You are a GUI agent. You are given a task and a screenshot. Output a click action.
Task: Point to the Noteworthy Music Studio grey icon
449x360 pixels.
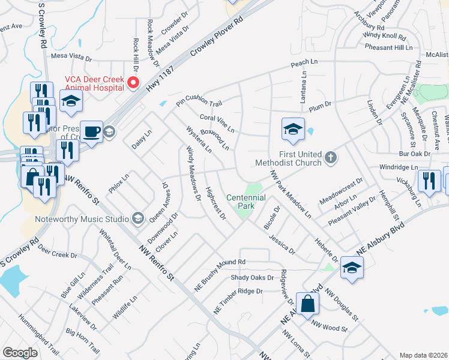pos(137,217)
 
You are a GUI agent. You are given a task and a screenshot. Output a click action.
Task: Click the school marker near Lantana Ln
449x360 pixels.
pos(292,129)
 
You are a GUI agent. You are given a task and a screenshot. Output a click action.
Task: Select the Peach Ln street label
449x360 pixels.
pos(304,62)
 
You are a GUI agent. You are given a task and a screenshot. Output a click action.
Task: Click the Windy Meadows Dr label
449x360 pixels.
pos(191,172)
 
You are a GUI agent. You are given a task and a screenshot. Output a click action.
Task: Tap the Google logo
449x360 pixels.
pos(20,353)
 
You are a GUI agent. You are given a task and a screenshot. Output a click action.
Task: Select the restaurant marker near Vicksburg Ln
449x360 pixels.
pos(429,182)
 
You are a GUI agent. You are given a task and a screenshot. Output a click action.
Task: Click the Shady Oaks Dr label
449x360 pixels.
pos(252,278)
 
